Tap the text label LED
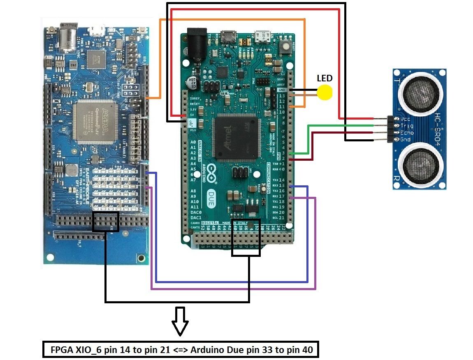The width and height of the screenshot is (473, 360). (x=325, y=78)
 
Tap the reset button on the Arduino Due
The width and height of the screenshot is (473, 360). (x=285, y=47)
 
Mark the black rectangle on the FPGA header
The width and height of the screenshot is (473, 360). (x=106, y=222)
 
